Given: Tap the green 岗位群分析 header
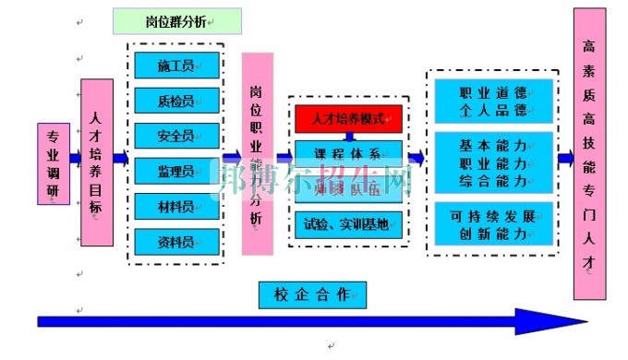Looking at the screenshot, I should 176,21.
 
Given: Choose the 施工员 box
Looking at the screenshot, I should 176,65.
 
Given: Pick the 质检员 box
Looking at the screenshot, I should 176,100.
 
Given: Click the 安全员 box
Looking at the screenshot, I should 176,136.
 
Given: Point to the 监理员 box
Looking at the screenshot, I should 176,171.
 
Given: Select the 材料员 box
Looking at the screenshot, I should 176,206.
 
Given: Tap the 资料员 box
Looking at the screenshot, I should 176,241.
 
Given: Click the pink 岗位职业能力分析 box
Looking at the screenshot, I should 258,153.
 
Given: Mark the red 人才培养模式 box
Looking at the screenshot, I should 350,118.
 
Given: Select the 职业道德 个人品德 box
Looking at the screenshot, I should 493,102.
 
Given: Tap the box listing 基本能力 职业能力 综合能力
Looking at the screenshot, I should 493,162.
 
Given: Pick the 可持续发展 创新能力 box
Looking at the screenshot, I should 493,225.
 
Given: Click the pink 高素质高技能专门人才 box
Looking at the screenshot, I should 590,153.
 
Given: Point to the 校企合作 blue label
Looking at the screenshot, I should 312,294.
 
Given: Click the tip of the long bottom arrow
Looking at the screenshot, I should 584,321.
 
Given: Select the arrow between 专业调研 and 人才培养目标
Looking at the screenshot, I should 74,158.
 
